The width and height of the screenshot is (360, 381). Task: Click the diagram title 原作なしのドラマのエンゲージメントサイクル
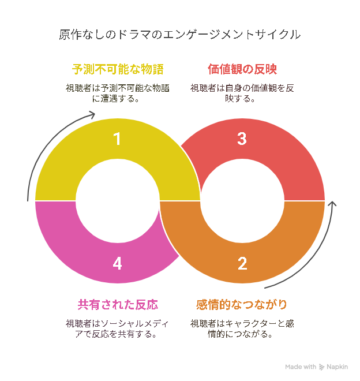point(180,35)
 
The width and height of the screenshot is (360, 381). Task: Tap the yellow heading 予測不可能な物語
point(118,69)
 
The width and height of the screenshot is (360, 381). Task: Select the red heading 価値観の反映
point(242,69)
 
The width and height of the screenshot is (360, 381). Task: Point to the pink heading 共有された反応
point(118,305)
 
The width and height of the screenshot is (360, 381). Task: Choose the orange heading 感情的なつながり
point(242,305)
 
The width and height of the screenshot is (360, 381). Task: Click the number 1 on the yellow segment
point(117,139)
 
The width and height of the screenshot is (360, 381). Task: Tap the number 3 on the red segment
point(242,139)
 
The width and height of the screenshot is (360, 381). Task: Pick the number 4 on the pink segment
point(117,264)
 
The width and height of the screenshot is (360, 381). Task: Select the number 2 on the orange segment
point(242,264)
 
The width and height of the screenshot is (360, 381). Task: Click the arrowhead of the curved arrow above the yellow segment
point(92,114)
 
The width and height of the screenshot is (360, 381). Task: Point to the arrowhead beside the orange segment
point(332,204)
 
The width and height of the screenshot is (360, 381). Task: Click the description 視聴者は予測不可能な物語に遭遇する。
point(118,94)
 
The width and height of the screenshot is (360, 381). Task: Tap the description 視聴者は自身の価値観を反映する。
point(242,94)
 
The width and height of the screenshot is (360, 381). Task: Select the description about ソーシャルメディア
point(117,329)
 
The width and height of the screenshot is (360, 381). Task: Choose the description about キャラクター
point(242,329)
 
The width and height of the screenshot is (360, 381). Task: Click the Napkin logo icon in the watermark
point(321,367)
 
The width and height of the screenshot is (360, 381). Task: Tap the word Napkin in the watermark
point(337,367)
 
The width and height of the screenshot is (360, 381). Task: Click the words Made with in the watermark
point(301,367)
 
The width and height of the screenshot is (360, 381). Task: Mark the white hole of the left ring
point(118,201)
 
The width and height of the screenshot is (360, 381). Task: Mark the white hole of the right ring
point(242,201)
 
